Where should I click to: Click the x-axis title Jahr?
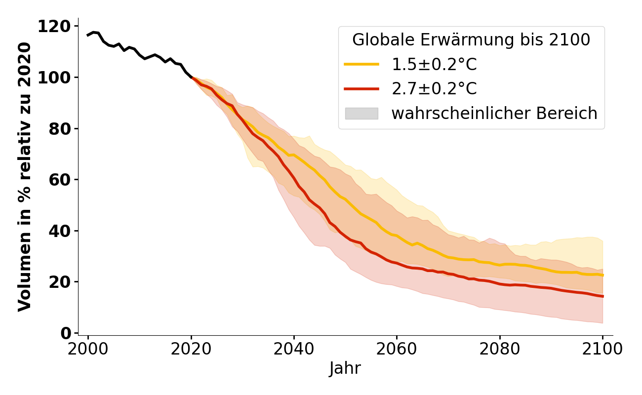(x=345, y=369)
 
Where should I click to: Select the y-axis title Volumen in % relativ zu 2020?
(x=25, y=177)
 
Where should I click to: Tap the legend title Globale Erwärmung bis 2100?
(x=471, y=40)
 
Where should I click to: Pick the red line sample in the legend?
(x=361, y=89)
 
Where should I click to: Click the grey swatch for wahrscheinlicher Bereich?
(x=361, y=114)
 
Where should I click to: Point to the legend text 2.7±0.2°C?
(x=434, y=89)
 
